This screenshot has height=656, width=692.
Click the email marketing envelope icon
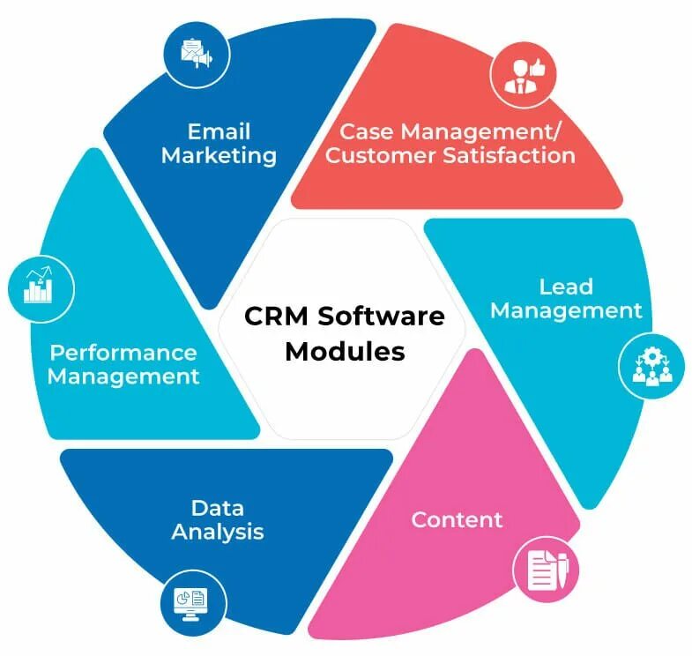[x=197, y=53]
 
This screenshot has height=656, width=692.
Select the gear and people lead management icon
[x=652, y=367]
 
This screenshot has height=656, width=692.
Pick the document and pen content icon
[x=547, y=570]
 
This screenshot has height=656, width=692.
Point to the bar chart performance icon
[x=40, y=286]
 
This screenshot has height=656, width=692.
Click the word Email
[x=219, y=132]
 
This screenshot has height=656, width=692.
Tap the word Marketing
[x=219, y=156]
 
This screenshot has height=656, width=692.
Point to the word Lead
[x=566, y=287]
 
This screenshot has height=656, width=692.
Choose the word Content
[x=457, y=519]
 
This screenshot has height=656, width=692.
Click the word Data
[x=218, y=508]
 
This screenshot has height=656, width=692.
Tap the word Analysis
[x=218, y=532]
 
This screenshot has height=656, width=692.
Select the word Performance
[x=123, y=353]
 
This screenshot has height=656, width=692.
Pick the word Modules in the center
[x=346, y=351]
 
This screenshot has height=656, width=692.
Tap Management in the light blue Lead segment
[x=566, y=310]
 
